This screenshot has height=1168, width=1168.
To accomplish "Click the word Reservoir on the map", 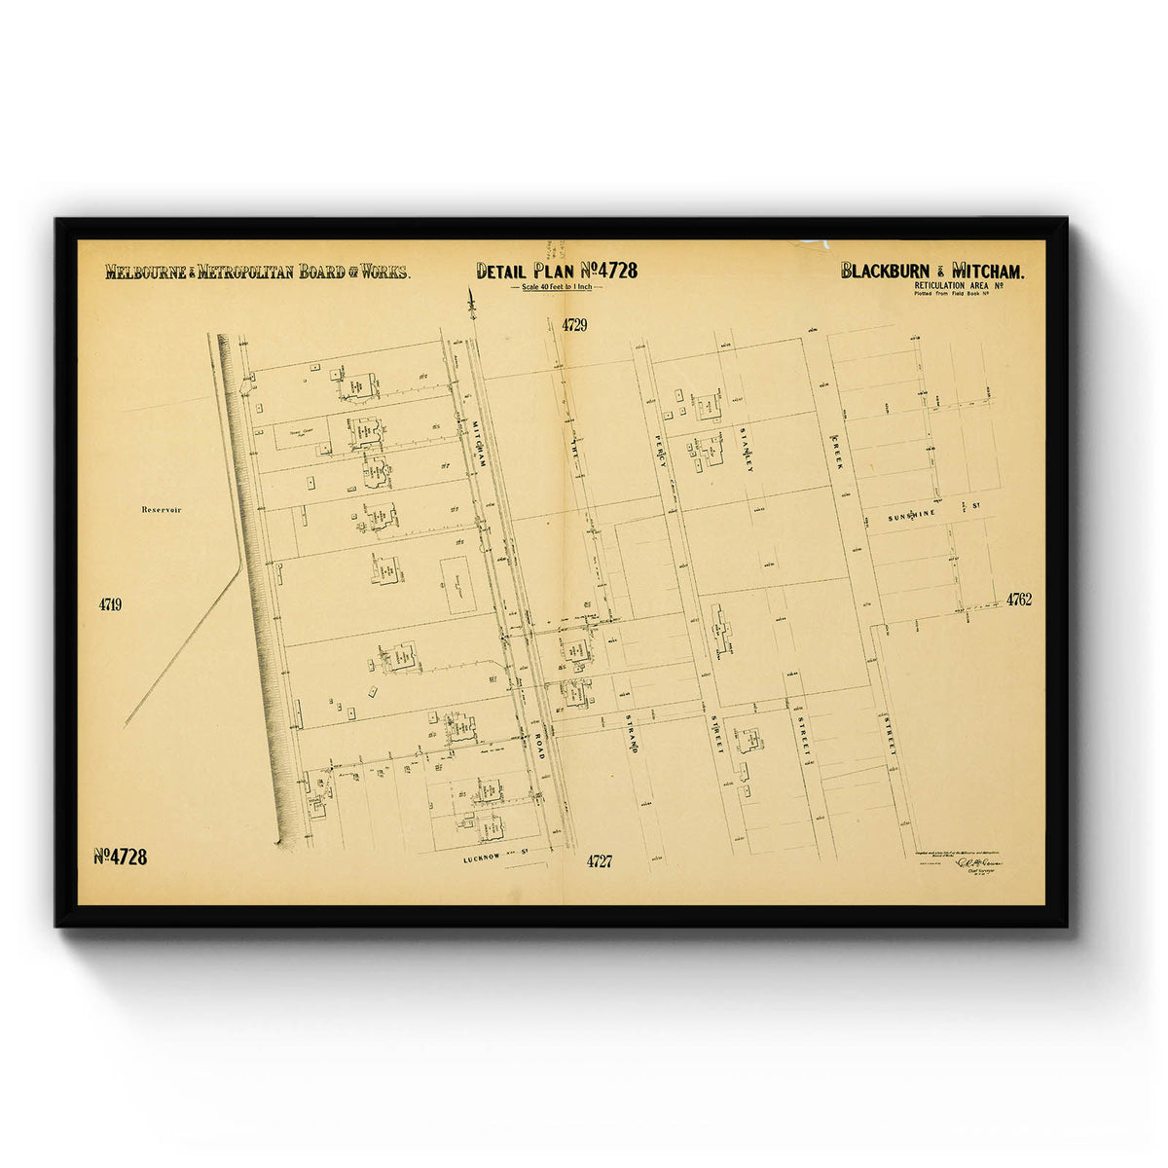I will pyautogui.click(x=162, y=509).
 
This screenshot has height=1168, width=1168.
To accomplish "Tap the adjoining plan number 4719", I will pyautogui.click(x=110, y=604).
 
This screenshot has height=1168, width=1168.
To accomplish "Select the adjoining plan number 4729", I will pyautogui.click(x=574, y=325).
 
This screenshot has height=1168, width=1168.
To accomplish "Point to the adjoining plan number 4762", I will pyautogui.click(x=1019, y=600).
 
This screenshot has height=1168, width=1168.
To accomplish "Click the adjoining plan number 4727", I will pyautogui.click(x=600, y=860).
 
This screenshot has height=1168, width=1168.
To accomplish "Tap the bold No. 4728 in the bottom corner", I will pyautogui.click(x=121, y=857).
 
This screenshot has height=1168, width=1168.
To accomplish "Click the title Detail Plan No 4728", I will pyautogui.click(x=557, y=271).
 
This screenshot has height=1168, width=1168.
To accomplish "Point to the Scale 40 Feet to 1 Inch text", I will pyautogui.click(x=557, y=289).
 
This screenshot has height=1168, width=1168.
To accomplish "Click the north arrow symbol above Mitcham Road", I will pyautogui.click(x=472, y=304).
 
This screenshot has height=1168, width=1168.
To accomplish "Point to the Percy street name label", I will pyautogui.click(x=661, y=450).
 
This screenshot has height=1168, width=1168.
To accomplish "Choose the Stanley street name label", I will pyautogui.click(x=748, y=450).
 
